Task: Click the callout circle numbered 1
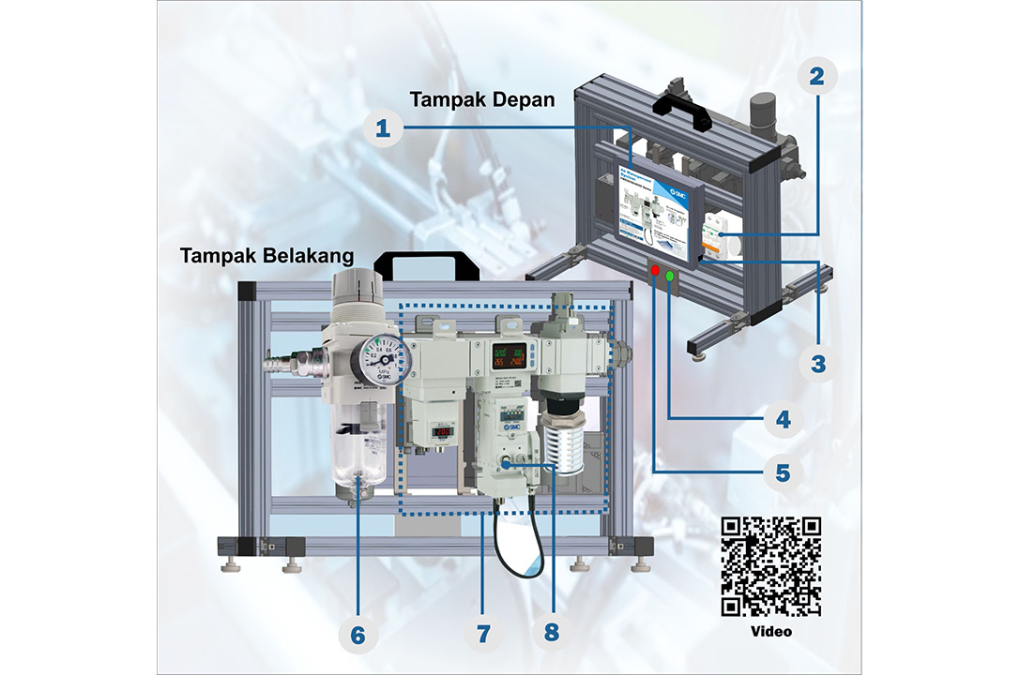click(382, 128)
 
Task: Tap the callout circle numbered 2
click(816, 76)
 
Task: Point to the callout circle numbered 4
click(783, 418)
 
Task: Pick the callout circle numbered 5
click(783, 472)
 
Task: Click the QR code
click(770, 566)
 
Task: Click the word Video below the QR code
click(770, 632)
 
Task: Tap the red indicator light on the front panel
click(654, 271)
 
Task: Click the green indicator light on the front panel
click(670, 276)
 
